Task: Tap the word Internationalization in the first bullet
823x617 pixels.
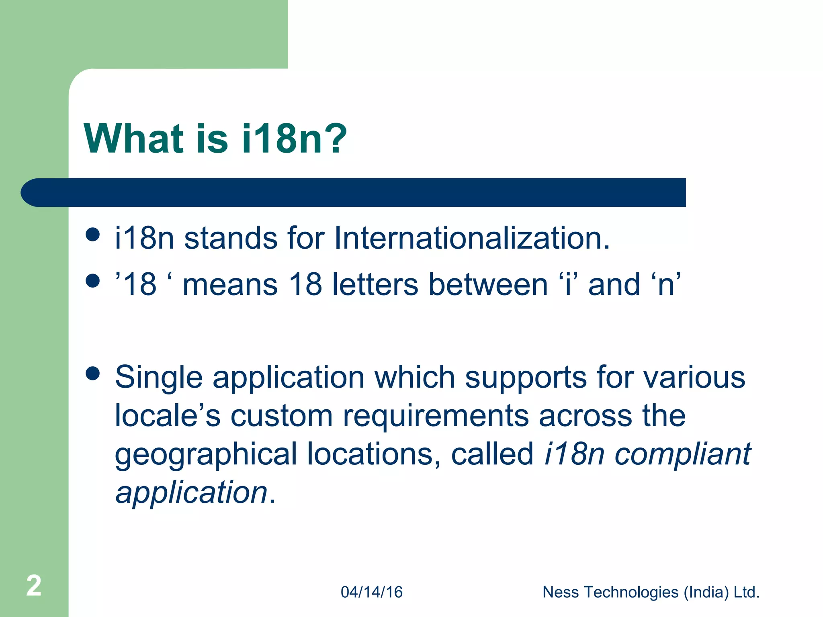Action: pyautogui.click(x=472, y=238)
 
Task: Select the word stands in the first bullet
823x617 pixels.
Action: pyautogui.click(x=230, y=238)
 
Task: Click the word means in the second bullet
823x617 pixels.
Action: pyautogui.click(x=230, y=284)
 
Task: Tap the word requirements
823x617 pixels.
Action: pyautogui.click(x=436, y=415)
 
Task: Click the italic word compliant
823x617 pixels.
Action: pyautogui.click(x=683, y=454)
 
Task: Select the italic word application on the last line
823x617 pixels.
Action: pyautogui.click(x=191, y=492)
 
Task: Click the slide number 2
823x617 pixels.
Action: pyautogui.click(x=34, y=586)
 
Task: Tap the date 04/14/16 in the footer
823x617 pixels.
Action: pyautogui.click(x=371, y=592)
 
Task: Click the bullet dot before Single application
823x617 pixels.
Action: pyautogui.click(x=93, y=373)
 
